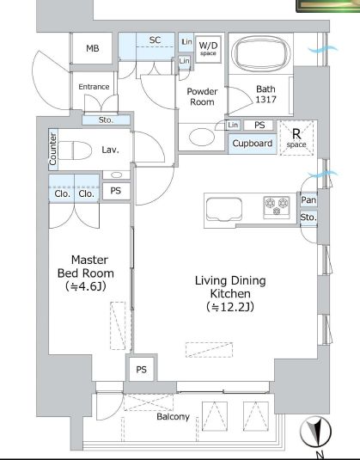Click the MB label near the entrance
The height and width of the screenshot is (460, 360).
click(x=92, y=48)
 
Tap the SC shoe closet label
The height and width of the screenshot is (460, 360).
click(x=156, y=40)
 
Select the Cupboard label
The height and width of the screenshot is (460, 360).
click(x=253, y=144)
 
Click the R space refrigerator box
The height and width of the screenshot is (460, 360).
click(x=296, y=138)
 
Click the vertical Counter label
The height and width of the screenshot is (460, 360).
click(x=53, y=150)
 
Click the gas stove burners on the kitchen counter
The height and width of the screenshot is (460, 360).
click(x=276, y=205)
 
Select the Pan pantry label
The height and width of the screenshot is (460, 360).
click(x=308, y=200)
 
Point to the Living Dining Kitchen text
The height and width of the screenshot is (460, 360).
click(x=229, y=293)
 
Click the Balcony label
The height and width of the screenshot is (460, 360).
click(x=173, y=417)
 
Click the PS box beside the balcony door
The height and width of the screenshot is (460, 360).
click(x=141, y=370)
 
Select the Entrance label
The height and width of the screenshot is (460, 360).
click(x=94, y=87)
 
